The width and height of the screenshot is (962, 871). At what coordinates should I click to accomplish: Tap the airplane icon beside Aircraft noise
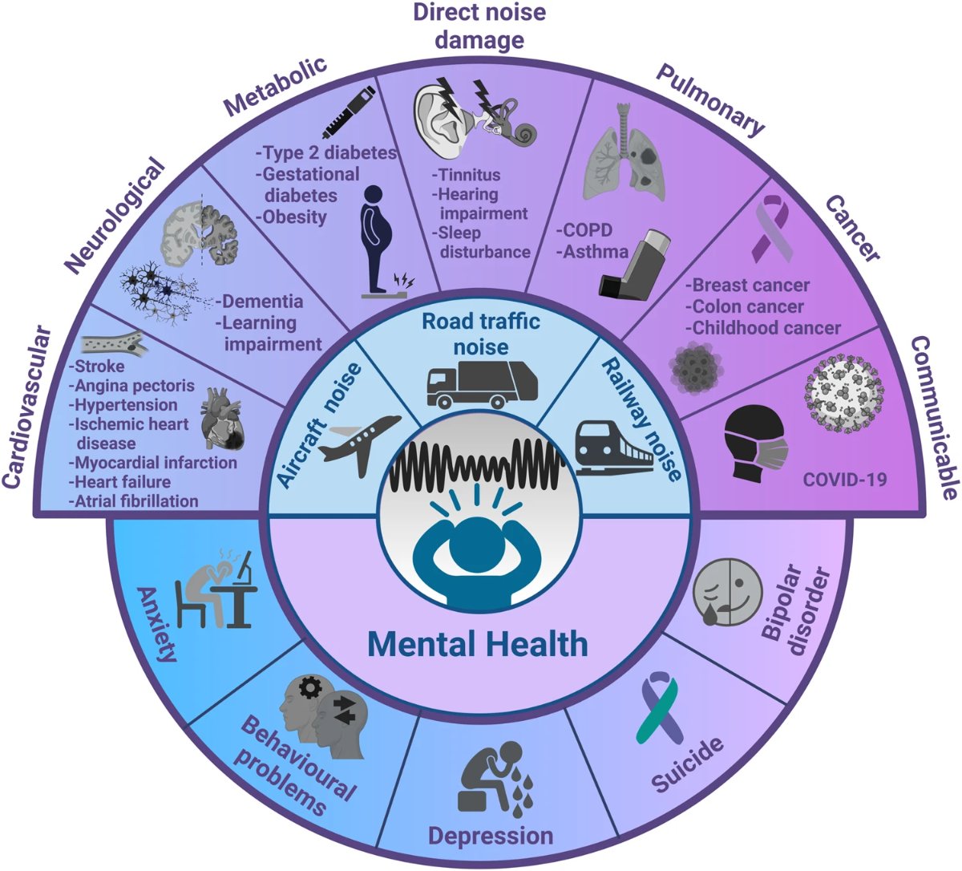point(360,439)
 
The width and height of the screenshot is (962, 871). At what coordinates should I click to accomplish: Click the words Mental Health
point(478,643)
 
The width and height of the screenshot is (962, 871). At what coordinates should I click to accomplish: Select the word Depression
point(490,835)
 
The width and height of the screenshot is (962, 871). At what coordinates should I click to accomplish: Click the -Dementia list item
point(258,302)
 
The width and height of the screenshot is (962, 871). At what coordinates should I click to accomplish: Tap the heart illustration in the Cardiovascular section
point(222,417)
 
